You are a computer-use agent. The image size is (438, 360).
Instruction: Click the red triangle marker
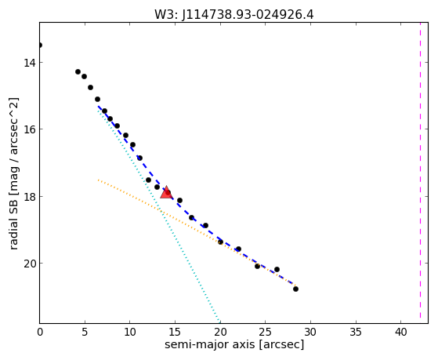click(x=166, y=192)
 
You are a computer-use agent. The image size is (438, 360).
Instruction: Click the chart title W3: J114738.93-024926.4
click(x=234, y=15)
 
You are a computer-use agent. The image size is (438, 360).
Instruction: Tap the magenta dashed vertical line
click(x=420, y=173)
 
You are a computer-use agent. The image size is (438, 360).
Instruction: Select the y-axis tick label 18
click(x=30, y=196)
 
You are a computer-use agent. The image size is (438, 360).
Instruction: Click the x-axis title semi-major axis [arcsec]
click(x=234, y=344)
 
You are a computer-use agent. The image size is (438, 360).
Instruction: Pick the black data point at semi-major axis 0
click(x=40, y=45)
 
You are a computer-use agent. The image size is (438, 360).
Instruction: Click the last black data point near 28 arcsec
click(x=295, y=289)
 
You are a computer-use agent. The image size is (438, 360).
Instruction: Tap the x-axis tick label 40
click(x=400, y=333)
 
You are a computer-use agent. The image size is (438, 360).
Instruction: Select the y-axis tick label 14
click(x=30, y=62)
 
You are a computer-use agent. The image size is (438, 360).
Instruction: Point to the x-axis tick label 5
click(x=85, y=333)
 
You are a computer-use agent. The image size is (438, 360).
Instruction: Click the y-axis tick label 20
click(x=30, y=264)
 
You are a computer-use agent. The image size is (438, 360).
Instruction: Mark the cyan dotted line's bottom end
click(x=219, y=322)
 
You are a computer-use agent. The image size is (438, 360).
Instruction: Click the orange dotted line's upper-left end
click(x=98, y=180)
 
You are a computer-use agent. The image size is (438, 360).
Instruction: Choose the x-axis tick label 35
click(x=355, y=333)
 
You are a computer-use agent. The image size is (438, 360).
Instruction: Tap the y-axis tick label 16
click(x=30, y=129)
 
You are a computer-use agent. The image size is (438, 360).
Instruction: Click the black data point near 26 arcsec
click(x=277, y=269)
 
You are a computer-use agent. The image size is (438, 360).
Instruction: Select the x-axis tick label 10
click(x=129, y=333)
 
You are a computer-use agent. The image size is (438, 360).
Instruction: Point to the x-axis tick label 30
click(x=310, y=333)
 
